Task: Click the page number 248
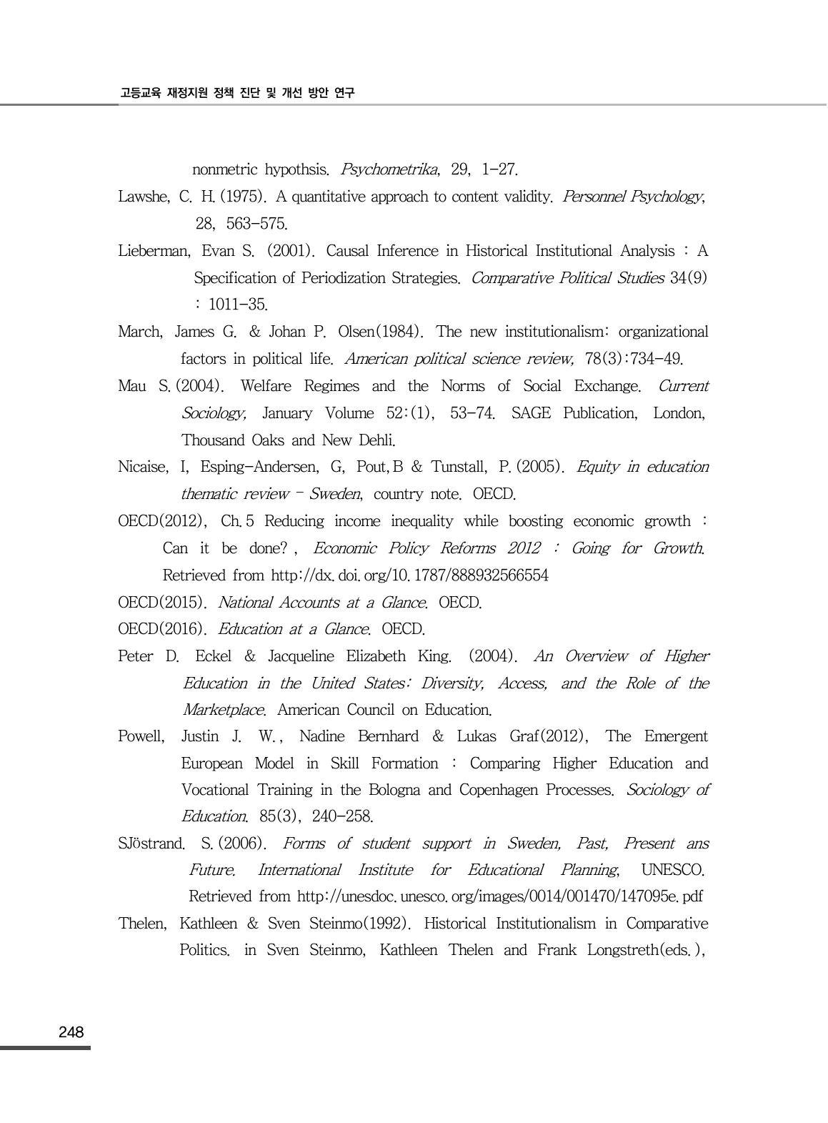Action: coord(71,1032)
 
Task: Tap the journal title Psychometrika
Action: coord(389,170)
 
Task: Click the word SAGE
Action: coord(532,414)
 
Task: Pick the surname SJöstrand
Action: coord(151,844)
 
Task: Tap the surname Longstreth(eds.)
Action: coord(647,951)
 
